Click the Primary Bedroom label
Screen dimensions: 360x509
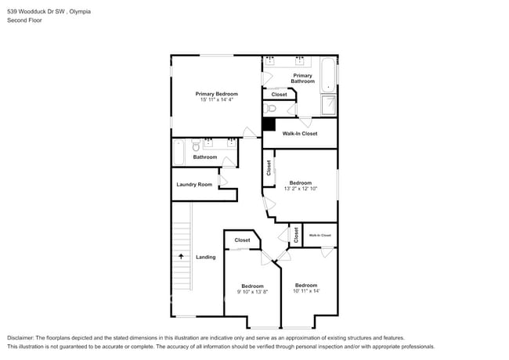pos(216,94)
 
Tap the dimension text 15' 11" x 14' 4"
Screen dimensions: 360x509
pos(216,100)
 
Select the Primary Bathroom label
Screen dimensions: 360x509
pos(302,78)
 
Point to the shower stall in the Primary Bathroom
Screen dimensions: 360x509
pos(330,105)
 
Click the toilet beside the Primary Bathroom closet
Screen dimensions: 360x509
pos(271,109)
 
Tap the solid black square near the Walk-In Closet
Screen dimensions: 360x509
pos(269,124)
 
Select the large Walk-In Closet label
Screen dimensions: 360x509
pos(300,134)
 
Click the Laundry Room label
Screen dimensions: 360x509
pos(194,185)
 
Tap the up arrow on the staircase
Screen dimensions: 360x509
pos(181,255)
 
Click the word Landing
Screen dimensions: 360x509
pos(205,257)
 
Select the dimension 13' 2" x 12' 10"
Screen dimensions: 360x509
pos(305,189)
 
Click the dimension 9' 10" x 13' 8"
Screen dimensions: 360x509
pos(252,292)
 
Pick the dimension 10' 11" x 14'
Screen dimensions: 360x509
pos(305,291)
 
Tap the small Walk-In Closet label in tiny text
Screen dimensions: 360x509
pos(319,235)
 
